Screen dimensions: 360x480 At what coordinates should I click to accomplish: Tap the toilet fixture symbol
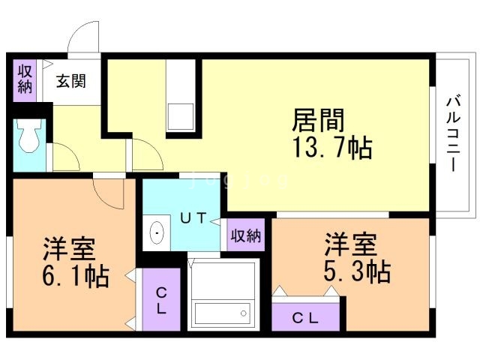pos(30,137)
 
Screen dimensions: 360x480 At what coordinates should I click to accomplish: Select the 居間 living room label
pos(318,120)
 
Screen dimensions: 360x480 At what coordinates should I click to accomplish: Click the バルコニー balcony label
pos(452,133)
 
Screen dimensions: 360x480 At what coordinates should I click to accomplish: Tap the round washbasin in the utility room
pos(157,234)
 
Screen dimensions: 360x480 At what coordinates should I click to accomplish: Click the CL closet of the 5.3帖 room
pos(305,317)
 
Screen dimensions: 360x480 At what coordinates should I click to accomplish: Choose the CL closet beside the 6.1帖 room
pos(160,300)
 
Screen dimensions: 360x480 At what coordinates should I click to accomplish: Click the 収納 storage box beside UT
pos(245,236)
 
